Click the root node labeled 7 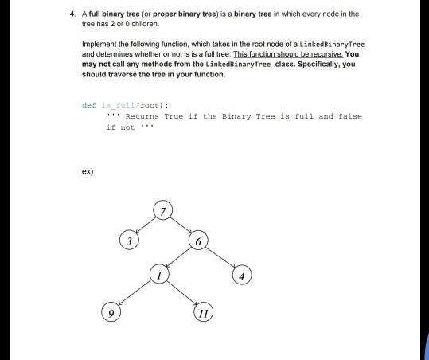tap(163, 211)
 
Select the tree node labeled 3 tap(126, 240)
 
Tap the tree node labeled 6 tap(199, 241)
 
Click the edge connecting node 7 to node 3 tap(145, 225)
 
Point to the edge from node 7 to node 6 tap(181, 226)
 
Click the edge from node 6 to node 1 tap(180, 257)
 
